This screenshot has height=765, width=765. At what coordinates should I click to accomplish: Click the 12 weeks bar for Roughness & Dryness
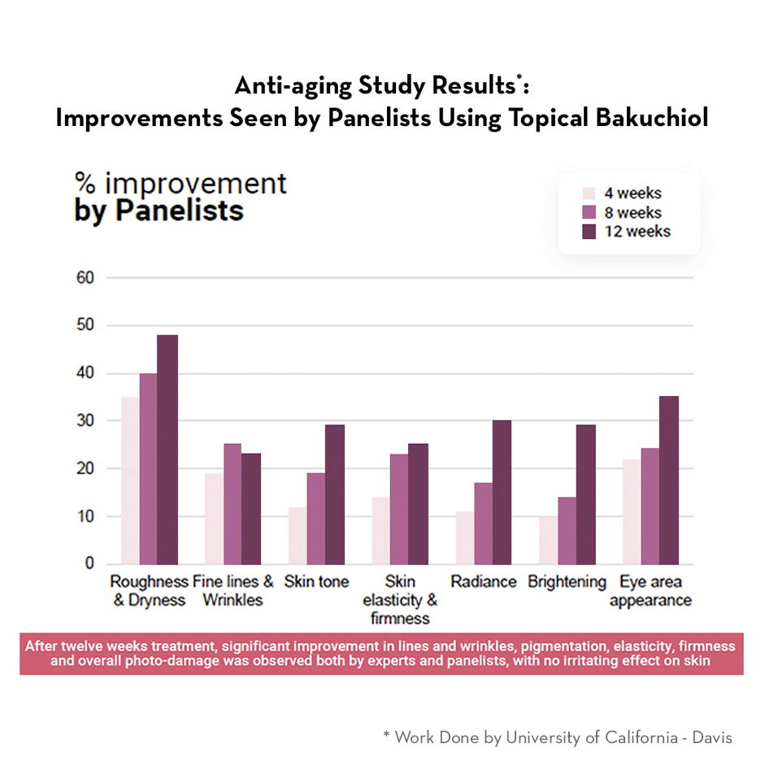(x=167, y=450)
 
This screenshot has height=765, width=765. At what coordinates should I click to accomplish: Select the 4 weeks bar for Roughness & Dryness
(x=130, y=480)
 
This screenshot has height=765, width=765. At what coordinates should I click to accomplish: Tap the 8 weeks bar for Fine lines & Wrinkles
(x=232, y=504)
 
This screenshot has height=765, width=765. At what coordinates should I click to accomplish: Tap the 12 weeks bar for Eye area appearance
(x=668, y=480)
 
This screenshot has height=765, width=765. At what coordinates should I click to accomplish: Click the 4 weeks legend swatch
(x=589, y=193)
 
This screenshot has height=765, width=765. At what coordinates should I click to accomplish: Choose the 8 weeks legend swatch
(x=589, y=212)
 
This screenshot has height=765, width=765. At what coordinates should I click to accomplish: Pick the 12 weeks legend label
(x=637, y=231)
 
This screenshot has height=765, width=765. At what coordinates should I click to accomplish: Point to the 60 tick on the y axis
(x=86, y=278)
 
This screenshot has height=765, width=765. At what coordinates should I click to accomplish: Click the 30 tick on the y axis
(x=86, y=421)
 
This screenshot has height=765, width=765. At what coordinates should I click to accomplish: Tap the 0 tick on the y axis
(x=90, y=564)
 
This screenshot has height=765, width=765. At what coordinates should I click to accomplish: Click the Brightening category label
(x=567, y=582)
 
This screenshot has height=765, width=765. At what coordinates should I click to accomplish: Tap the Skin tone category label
(x=316, y=582)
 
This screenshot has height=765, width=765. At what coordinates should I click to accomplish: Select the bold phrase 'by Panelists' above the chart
(x=159, y=211)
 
